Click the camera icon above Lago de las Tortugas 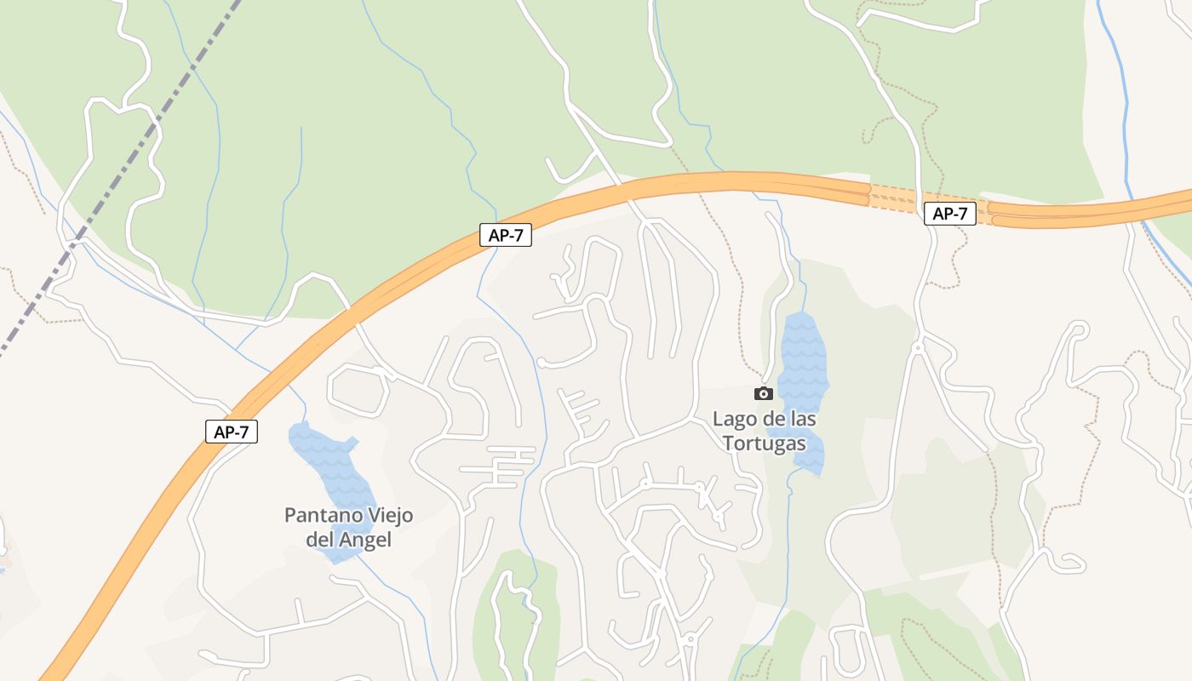pos(764,393)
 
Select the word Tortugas pos(764,444)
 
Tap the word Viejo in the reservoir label pos(389,516)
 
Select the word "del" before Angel pos(320,540)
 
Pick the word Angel pos(365,540)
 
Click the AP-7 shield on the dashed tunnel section pos(949,214)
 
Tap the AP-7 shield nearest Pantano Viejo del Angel pos(231,432)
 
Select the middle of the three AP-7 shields pos(506,236)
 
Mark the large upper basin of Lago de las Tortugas pos(803,358)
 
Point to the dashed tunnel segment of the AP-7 pos(894,197)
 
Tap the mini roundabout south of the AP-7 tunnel pos(918,347)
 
